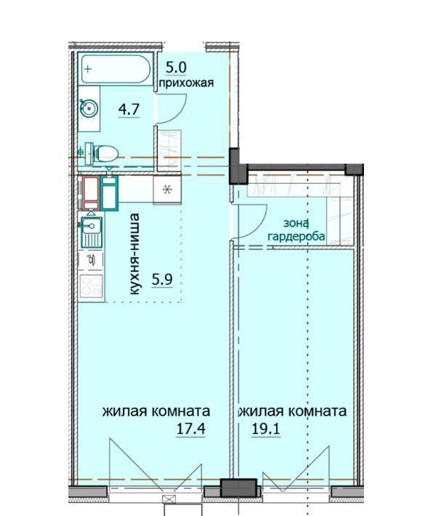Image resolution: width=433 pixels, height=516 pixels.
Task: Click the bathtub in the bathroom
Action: (x=116, y=68)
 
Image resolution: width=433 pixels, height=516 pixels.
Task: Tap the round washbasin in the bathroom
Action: (x=89, y=108)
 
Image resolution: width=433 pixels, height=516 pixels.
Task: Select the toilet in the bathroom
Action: (x=101, y=153)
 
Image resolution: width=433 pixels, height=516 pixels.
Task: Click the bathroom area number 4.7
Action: (x=129, y=109)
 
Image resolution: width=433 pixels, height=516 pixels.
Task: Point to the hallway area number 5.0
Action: (x=176, y=68)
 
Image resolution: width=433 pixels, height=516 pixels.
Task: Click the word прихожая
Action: (x=186, y=83)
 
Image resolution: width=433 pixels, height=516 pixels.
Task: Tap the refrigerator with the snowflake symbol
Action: (x=168, y=190)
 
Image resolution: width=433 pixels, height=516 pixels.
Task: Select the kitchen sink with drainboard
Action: (x=90, y=232)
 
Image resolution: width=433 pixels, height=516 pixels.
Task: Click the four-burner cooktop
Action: (x=92, y=286)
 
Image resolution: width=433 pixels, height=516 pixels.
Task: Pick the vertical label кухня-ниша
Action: (x=134, y=254)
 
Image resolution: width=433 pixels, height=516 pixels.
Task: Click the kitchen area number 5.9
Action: (x=162, y=280)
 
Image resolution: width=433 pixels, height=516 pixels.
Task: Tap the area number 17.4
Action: (x=191, y=429)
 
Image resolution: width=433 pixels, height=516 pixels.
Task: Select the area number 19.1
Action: (x=266, y=429)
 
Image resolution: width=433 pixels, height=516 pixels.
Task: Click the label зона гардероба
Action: (x=297, y=230)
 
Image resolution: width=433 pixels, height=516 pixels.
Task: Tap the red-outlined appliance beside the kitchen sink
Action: (x=91, y=193)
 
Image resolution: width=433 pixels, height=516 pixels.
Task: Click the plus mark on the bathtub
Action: (x=88, y=69)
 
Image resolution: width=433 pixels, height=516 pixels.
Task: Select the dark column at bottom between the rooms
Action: (x=238, y=488)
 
